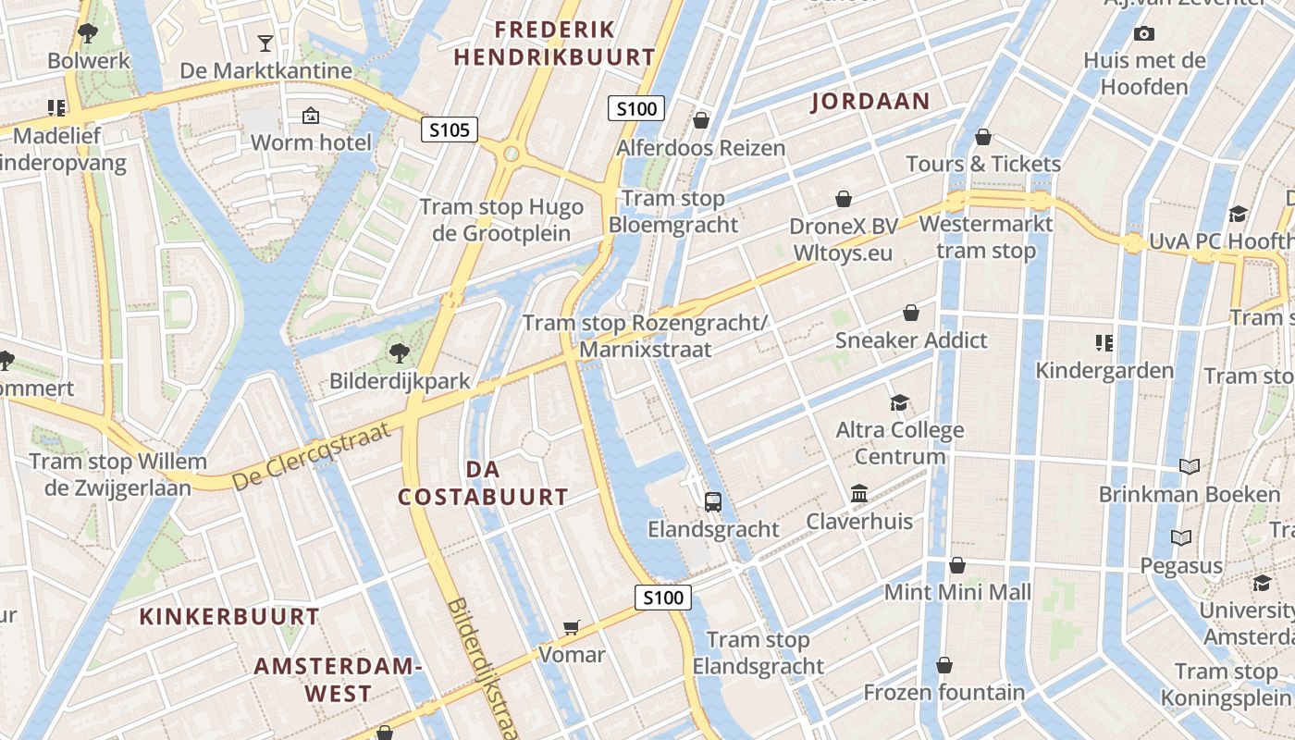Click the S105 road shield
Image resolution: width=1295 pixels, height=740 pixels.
click(x=450, y=129)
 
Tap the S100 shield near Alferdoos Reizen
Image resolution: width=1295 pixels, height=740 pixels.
click(x=637, y=108)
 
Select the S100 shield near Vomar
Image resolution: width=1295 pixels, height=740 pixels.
click(x=663, y=597)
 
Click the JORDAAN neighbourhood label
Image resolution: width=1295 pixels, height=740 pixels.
click(x=869, y=102)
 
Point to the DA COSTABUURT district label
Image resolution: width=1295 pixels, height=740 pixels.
click(x=483, y=483)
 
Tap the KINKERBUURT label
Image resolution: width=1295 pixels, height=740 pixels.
click(x=229, y=616)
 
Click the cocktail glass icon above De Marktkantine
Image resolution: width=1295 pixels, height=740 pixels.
click(x=265, y=43)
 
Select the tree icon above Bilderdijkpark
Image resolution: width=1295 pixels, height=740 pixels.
click(x=400, y=351)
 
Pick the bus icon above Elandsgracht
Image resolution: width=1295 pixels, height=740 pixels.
click(x=713, y=501)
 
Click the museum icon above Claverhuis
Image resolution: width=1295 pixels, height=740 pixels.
click(x=859, y=493)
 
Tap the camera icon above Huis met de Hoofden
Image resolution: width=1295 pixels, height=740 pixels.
click(x=1144, y=34)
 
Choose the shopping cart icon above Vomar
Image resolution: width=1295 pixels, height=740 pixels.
click(x=572, y=628)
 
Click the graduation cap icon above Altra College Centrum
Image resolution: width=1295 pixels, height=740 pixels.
click(x=899, y=402)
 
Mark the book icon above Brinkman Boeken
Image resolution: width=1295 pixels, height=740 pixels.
click(x=1190, y=466)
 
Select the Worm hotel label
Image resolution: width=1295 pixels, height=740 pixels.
click(x=311, y=142)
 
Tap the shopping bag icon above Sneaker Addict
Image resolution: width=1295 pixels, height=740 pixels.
click(x=911, y=313)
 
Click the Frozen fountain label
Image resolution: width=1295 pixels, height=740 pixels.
click(x=944, y=692)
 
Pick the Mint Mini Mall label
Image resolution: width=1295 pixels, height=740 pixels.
click(x=957, y=592)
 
